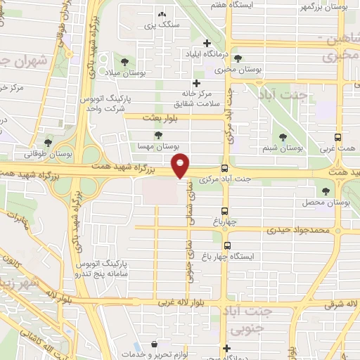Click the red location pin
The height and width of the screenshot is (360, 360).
pos(181,165)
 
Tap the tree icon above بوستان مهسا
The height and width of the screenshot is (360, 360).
pos(158,136)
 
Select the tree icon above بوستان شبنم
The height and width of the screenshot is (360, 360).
pos(283,137)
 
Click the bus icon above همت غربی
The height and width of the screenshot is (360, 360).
pos(338,138)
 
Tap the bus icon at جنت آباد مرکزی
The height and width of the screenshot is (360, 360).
pos(224,168)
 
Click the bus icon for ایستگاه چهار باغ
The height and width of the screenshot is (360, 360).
pos(227,245)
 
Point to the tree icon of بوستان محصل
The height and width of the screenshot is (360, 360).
pos(326,191)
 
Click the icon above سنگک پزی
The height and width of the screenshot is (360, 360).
pos(162,14)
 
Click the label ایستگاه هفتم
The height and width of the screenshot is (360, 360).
pos(229,4)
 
